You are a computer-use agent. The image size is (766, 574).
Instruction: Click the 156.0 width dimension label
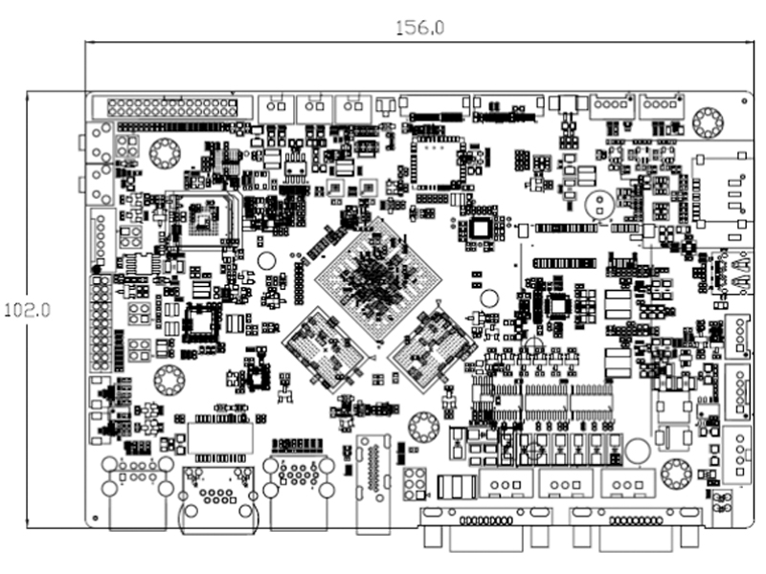pyautogui.click(x=420, y=28)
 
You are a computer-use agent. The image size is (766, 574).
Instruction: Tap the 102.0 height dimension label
pyautogui.click(x=27, y=310)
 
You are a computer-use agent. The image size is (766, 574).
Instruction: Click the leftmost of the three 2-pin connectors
pyautogui.click(x=277, y=107)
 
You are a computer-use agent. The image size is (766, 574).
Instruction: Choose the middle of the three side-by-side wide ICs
pyautogui.click(x=548, y=402)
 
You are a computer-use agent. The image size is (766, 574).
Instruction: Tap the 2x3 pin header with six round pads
pyautogui.click(x=416, y=484)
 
